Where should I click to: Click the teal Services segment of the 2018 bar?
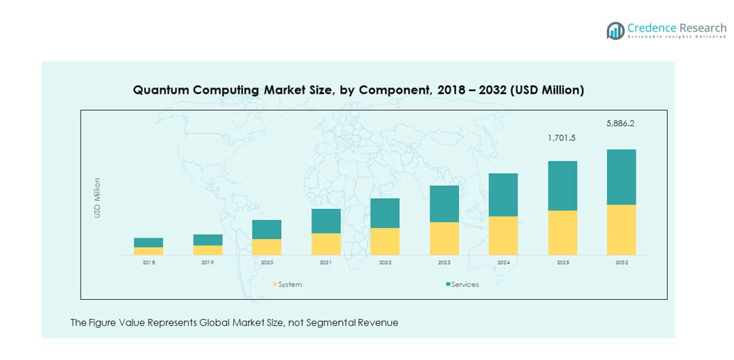coord(148,243)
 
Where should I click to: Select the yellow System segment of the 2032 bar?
coord(621,230)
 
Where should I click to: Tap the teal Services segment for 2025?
coord(562,186)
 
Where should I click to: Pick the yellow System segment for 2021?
coord(326,244)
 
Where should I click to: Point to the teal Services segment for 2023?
coord(444,204)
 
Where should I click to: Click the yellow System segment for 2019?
coord(208,250)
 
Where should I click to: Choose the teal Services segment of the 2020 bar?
coord(266,230)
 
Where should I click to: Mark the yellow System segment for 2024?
coord(503,236)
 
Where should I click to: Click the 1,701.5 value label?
coord(562,138)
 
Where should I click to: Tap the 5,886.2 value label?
coord(621,124)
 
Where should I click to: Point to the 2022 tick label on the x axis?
coord(385,262)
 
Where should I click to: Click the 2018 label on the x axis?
coord(148,262)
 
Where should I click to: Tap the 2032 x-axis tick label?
coord(621,262)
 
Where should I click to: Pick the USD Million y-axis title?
coord(98,198)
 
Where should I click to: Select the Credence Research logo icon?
coord(615,30)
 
